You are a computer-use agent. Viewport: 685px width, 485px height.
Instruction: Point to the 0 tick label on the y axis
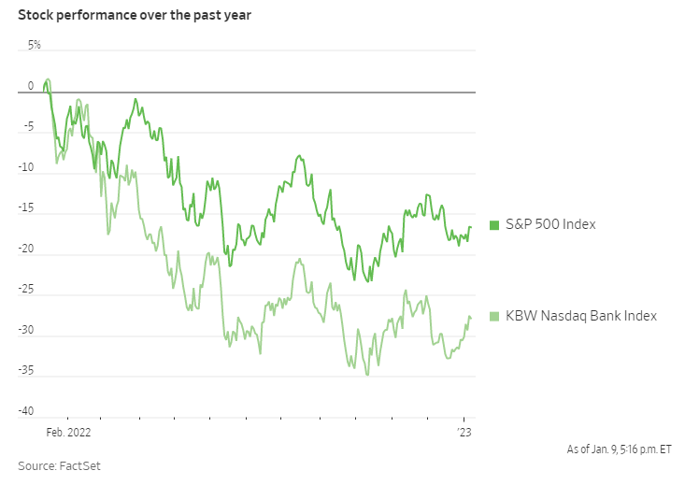(x=30, y=86)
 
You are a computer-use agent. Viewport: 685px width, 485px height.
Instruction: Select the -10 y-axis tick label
(x=27, y=168)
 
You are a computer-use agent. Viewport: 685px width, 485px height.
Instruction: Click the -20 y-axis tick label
(x=27, y=250)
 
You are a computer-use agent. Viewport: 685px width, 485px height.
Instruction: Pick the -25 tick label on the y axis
(x=27, y=291)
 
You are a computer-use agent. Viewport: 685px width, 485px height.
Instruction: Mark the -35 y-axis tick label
(x=27, y=372)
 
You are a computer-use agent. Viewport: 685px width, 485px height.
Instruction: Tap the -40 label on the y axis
(x=27, y=412)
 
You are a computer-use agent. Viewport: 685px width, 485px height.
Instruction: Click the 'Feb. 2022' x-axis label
(x=69, y=433)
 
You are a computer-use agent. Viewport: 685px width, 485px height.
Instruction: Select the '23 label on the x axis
(x=464, y=433)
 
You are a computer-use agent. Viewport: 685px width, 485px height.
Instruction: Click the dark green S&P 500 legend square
(x=494, y=224)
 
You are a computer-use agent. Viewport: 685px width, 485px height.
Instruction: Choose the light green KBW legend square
(x=494, y=316)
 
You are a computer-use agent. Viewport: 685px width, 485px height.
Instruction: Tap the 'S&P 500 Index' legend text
(x=550, y=224)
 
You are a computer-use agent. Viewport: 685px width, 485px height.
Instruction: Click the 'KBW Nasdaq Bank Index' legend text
(x=581, y=316)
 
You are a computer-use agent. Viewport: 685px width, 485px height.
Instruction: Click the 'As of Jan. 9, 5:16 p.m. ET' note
(x=619, y=449)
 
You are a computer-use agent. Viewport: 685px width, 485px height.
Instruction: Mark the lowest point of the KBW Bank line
(x=367, y=375)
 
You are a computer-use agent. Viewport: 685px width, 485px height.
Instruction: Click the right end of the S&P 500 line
(x=471, y=227)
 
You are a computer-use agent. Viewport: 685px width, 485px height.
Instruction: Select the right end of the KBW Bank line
(x=471, y=320)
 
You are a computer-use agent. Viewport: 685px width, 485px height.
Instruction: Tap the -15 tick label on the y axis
(x=27, y=209)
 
